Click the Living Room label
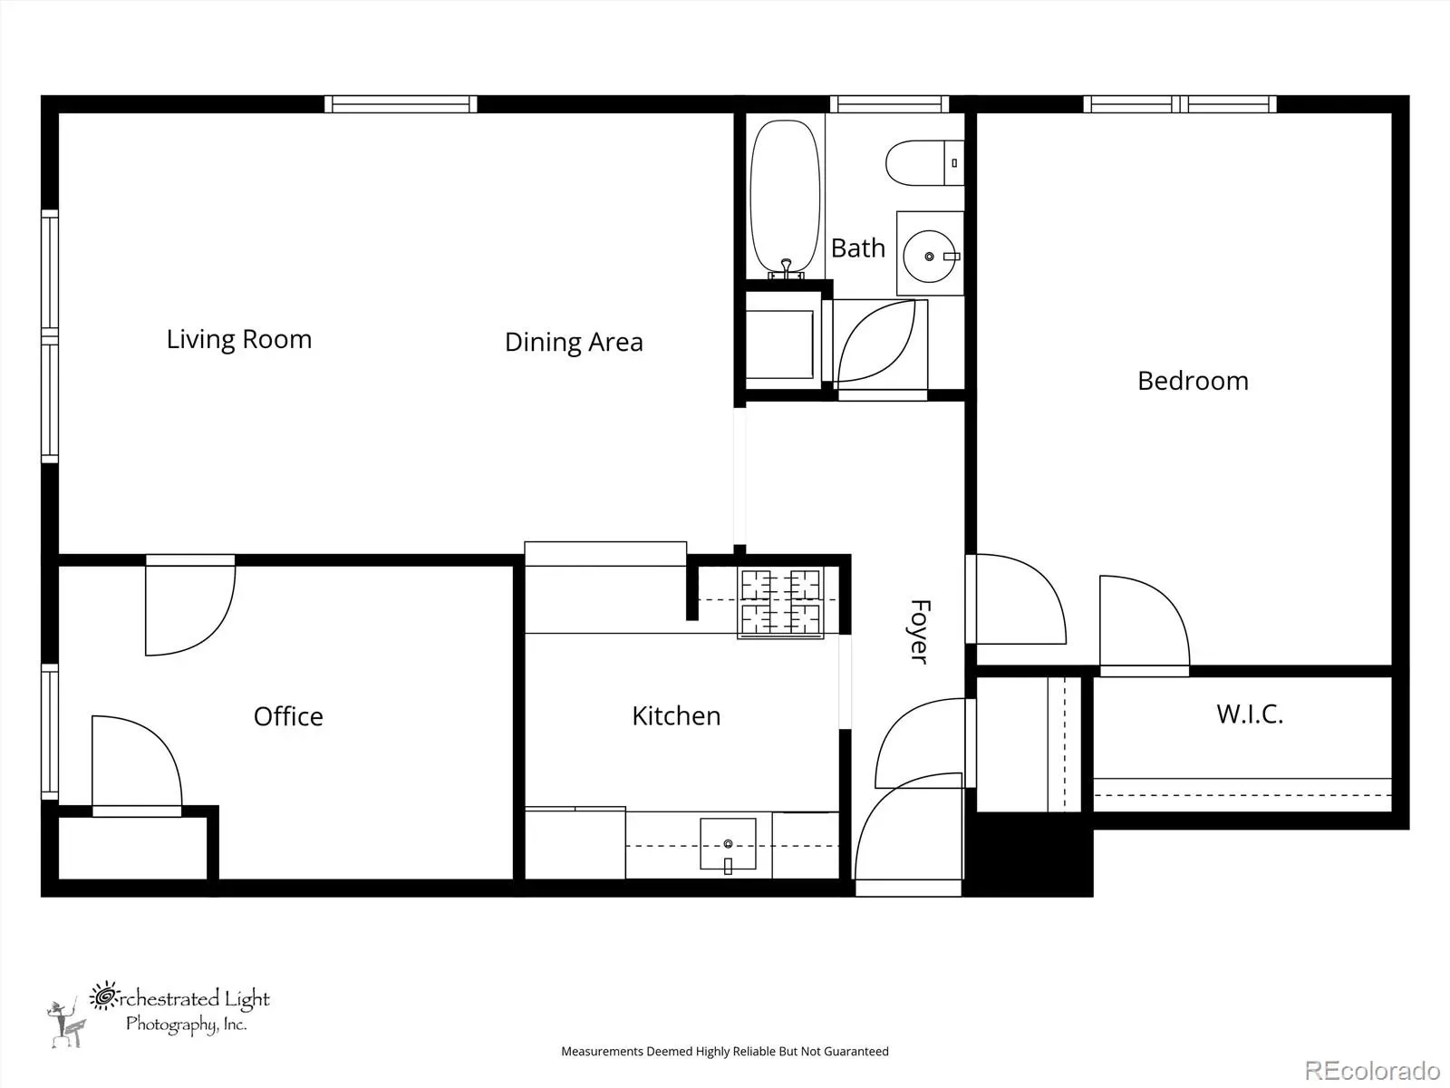(x=238, y=339)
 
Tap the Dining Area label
(x=574, y=342)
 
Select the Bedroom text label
(x=1193, y=381)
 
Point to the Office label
(x=289, y=717)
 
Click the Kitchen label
(x=676, y=716)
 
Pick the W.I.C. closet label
(x=1250, y=714)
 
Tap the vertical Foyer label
(x=920, y=632)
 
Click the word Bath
(x=857, y=248)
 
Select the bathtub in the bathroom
(x=785, y=199)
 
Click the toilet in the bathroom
(x=924, y=162)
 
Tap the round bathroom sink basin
(x=929, y=257)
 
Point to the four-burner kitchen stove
(x=781, y=603)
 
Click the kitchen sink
(x=728, y=844)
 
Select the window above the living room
(x=401, y=104)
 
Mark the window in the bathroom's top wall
(x=889, y=104)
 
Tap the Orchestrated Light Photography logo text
(x=179, y=1009)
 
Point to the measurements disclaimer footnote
(x=725, y=1051)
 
